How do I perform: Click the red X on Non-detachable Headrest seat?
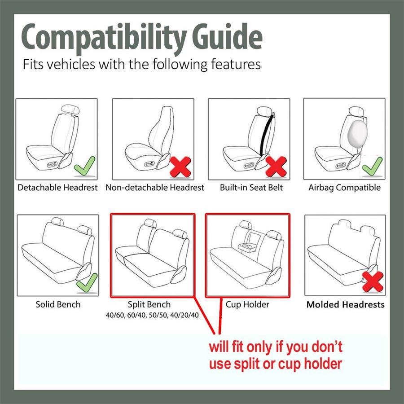click(x=180, y=167)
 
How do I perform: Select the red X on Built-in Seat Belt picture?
click(x=276, y=167)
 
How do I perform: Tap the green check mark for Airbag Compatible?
click(x=372, y=166)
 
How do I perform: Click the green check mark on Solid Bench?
click(x=87, y=282)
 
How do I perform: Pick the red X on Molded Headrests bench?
click(x=372, y=281)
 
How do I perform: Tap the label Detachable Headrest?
click(x=57, y=188)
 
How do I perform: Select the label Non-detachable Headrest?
click(x=155, y=188)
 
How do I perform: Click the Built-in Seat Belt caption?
click(x=251, y=188)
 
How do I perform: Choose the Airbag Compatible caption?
click(x=344, y=188)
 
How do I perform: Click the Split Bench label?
click(x=149, y=304)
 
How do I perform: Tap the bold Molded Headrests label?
click(x=345, y=304)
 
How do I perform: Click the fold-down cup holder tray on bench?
click(x=248, y=246)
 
